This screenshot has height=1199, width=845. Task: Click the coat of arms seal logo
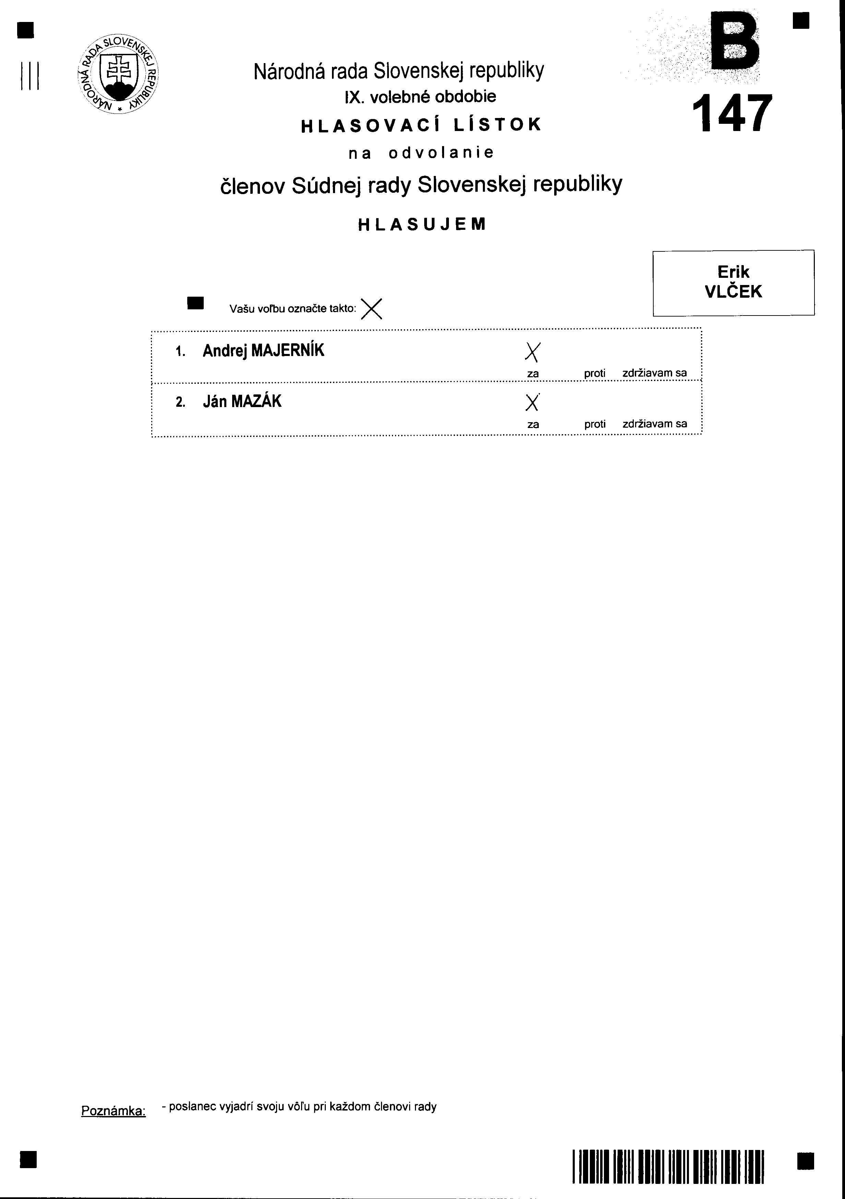pyautogui.click(x=118, y=75)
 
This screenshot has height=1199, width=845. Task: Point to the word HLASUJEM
pyautogui.click(x=422, y=225)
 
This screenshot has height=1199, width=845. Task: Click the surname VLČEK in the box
pyautogui.click(x=733, y=292)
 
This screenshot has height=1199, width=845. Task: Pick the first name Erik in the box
pyautogui.click(x=733, y=272)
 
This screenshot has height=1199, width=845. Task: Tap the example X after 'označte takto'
pyautogui.click(x=372, y=309)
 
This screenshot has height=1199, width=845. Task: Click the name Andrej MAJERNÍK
pyautogui.click(x=263, y=351)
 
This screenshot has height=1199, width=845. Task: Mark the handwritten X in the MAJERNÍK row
pyautogui.click(x=532, y=353)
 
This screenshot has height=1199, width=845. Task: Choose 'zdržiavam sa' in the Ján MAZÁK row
pyautogui.click(x=654, y=424)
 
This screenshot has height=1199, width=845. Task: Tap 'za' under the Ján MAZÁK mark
pyautogui.click(x=533, y=425)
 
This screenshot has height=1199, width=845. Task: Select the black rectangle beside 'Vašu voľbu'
pyautogui.click(x=195, y=303)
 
